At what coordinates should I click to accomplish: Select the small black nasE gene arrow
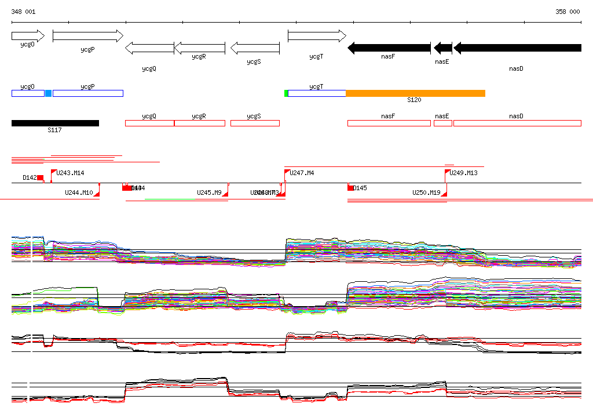pos(442,48)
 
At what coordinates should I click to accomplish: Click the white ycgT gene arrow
pos(316,36)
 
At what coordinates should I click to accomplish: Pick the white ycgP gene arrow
pos(87,36)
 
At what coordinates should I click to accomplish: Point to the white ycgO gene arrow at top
pos(28,36)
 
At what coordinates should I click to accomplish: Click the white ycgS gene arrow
pos(255,48)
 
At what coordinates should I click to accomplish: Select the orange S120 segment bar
pos(415,93)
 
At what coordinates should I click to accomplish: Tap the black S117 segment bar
pos(55,123)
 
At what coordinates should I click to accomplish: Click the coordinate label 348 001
pos(23,12)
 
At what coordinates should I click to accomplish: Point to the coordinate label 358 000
pos(568,12)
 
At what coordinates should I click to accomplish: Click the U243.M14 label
pos(71,173)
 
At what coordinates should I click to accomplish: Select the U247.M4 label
pos(302,173)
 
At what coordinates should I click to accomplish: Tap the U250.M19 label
pos(426,193)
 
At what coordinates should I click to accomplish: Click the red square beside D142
pos(41,177)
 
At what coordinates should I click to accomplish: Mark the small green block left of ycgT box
pos(286,93)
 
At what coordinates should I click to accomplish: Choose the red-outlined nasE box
pos(443,123)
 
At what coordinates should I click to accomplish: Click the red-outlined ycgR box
pos(199,123)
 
